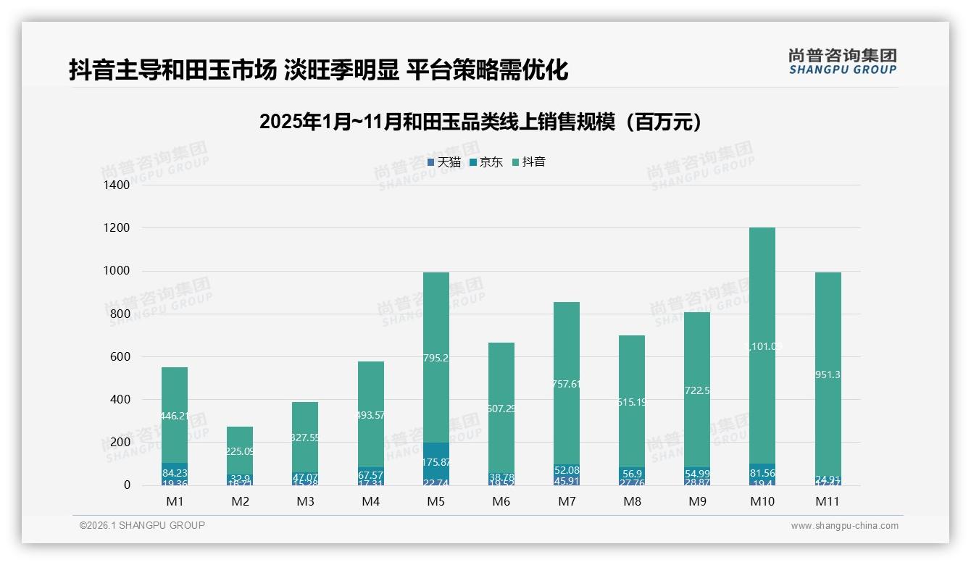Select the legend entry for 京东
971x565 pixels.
[485, 162]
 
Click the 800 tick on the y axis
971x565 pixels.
[119, 314]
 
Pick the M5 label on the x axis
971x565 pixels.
[436, 501]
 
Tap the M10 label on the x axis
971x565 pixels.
[762, 501]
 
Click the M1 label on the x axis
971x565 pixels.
[175, 501]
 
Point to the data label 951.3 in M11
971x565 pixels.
[828, 374]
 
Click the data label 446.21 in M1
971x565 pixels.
[175, 416]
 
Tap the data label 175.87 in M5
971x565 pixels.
[436, 462]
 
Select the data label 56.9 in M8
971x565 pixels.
[631, 473]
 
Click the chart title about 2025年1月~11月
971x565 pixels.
[480, 122]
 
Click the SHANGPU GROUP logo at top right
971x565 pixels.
[842, 62]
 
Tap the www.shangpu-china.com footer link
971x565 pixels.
[844, 526]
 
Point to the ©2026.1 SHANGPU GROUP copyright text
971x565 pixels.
[142, 525]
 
